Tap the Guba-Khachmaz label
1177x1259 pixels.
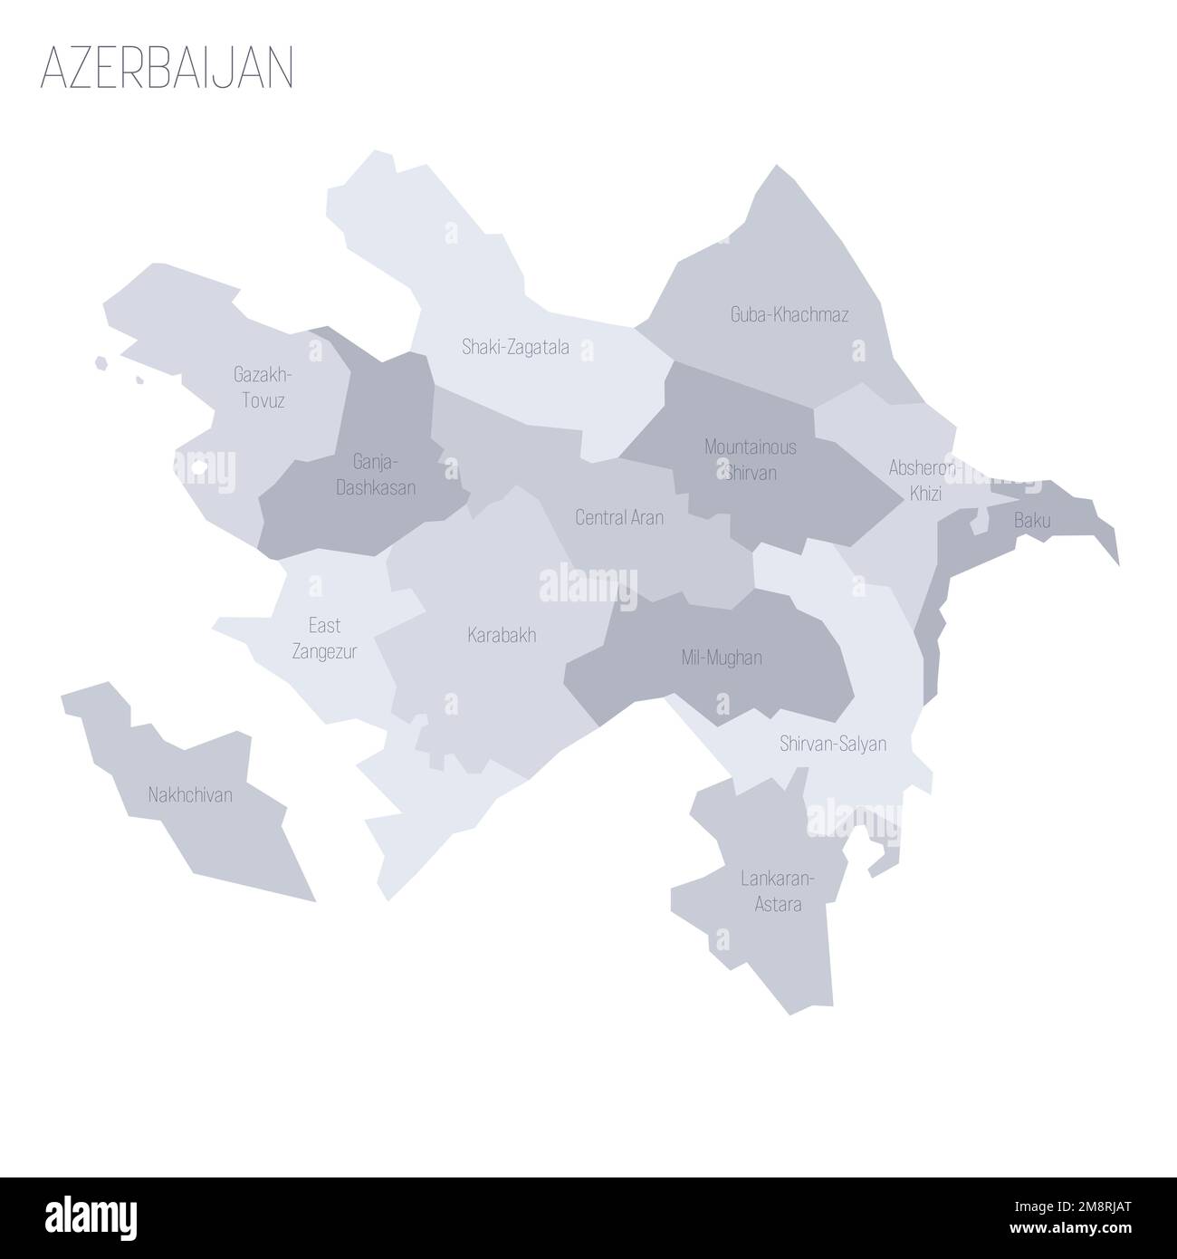pyautogui.click(x=789, y=315)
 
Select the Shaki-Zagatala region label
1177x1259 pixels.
pyautogui.click(x=515, y=346)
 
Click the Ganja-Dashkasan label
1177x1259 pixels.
pyautogui.click(x=376, y=475)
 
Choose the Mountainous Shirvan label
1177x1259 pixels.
pyautogui.click(x=751, y=459)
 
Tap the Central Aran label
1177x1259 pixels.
pyautogui.click(x=619, y=517)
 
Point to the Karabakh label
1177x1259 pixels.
pyautogui.click(x=502, y=635)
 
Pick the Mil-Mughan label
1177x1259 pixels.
pyautogui.click(x=721, y=658)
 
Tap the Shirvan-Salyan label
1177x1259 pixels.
pyautogui.click(x=832, y=745)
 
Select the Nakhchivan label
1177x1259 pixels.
pyautogui.click(x=190, y=795)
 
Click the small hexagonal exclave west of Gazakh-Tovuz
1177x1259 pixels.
pyautogui.click(x=102, y=364)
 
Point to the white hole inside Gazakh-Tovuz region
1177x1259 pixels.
pyautogui.click(x=199, y=467)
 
